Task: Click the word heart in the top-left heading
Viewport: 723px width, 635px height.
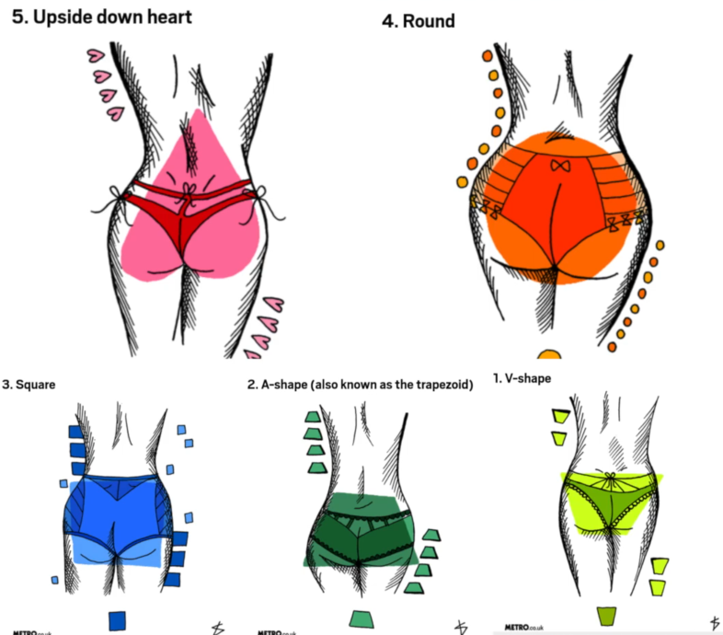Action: click(164, 16)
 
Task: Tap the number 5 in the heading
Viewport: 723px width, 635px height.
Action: click(17, 16)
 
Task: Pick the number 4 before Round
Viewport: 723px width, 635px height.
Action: click(389, 20)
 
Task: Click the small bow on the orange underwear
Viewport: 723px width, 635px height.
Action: click(557, 167)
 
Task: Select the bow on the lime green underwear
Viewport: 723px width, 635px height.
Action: click(607, 479)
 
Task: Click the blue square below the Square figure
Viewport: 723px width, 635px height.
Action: click(117, 620)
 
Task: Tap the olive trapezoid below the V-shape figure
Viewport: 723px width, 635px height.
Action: click(605, 616)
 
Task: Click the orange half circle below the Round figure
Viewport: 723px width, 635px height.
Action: click(549, 353)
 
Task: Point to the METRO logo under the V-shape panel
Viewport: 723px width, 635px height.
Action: click(521, 628)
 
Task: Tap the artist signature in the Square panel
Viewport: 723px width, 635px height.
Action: click(218, 628)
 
